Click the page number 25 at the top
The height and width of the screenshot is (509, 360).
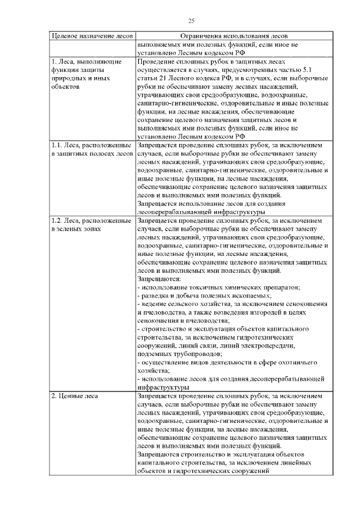coord(191,21)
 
